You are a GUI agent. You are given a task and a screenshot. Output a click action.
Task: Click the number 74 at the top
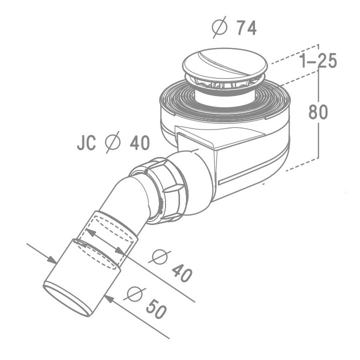coord(246,28)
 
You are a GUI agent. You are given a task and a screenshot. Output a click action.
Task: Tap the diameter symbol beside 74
coord(219,28)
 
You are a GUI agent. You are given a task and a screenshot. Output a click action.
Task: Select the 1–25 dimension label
coord(317,61)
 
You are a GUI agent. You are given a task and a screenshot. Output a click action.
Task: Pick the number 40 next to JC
coord(139,143)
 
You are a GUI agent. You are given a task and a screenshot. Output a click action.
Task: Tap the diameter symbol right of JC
coord(113,143)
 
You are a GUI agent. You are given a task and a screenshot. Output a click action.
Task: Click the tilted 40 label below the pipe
coord(182,272)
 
